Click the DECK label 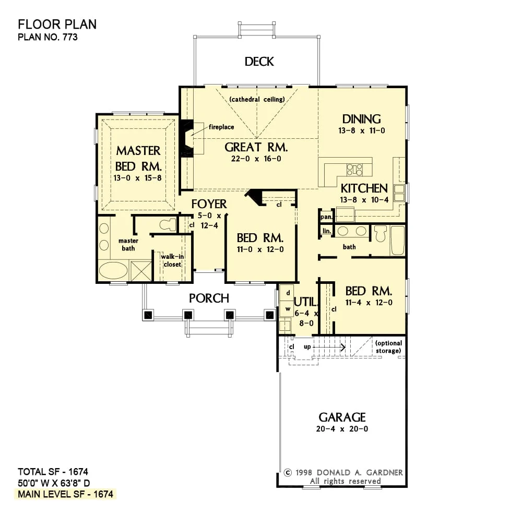pyautogui.click(x=259, y=62)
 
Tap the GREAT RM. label pyautogui.click(x=256, y=147)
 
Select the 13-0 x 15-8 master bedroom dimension pyautogui.click(x=137, y=178)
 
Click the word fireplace pyautogui.click(x=221, y=127)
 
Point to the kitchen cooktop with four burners pyautogui.click(x=355, y=170)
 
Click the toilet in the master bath pyautogui.click(x=168, y=225)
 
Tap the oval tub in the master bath pyautogui.click(x=113, y=271)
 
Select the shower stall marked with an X pyautogui.click(x=141, y=271)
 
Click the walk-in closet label pyautogui.click(x=172, y=260)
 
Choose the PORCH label pyautogui.click(x=209, y=298)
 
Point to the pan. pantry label pyautogui.click(x=326, y=217)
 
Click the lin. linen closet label pyautogui.click(x=327, y=231)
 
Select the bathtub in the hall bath pyautogui.click(x=397, y=241)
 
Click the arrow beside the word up pyautogui.click(x=329, y=347)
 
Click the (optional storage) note pyautogui.click(x=388, y=347)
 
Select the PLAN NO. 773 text pyautogui.click(x=48, y=37)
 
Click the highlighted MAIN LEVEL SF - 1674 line pyautogui.click(x=66, y=494)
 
